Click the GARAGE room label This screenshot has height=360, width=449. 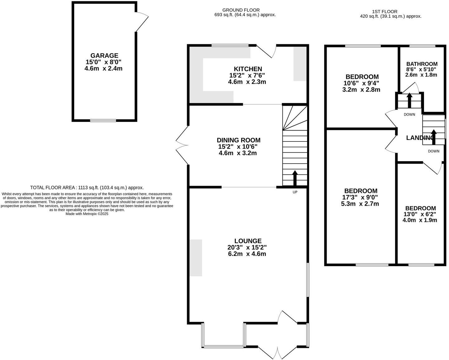[104, 55]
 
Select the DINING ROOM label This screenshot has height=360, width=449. [239, 140]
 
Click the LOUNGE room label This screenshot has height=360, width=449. [248, 241]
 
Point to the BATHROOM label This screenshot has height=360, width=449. [422, 64]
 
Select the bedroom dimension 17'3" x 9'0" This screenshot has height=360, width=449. [360, 197]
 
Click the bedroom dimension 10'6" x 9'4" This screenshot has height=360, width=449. [362, 83]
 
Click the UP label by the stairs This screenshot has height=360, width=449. [295, 192]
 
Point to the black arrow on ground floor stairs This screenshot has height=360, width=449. [295, 178]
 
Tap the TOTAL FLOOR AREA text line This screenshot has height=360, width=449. [87, 188]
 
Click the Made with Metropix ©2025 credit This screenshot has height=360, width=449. [87, 214]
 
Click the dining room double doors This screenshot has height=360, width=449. [182, 145]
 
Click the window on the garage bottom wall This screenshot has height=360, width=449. [103, 120]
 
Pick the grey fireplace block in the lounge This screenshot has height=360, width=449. [196, 258]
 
